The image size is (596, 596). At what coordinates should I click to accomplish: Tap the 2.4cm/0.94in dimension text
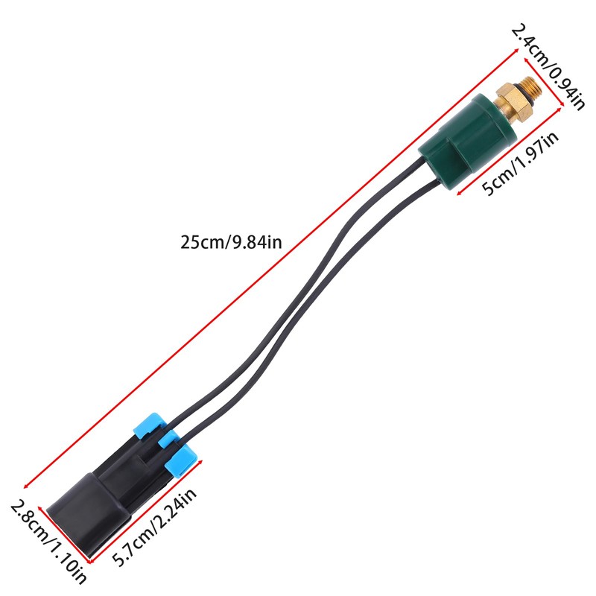tap(547, 66)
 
